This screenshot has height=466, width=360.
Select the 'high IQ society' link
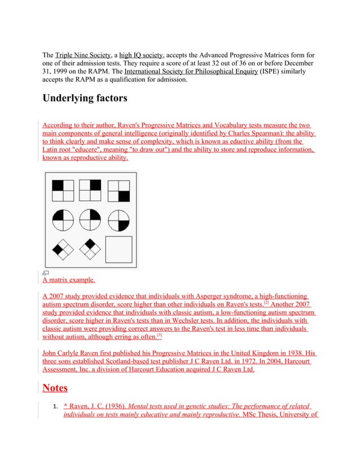pyautogui.click(x=141, y=55)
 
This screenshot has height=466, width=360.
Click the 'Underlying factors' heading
pyautogui.click(x=85, y=99)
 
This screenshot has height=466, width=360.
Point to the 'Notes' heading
pyautogui.click(x=55, y=388)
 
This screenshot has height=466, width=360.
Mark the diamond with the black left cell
pyautogui.click(x=63, y=249)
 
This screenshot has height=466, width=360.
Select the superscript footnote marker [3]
pyautogui.click(x=160, y=336)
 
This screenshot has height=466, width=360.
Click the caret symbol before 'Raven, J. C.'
pyautogui.click(x=66, y=406)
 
